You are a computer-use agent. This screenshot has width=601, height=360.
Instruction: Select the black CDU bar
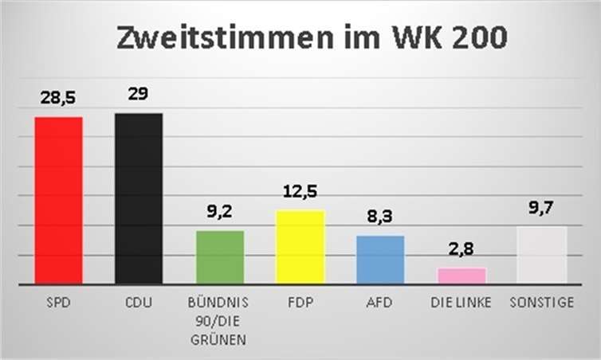(x=139, y=198)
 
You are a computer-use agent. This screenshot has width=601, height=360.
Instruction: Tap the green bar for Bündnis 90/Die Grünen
(x=219, y=257)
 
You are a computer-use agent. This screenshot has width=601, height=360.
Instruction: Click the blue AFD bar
(x=380, y=260)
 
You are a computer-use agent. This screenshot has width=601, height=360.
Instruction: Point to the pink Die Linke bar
(x=461, y=276)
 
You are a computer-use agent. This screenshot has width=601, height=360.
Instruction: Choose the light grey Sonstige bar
(x=541, y=255)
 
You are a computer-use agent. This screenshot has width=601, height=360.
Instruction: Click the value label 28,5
(x=58, y=99)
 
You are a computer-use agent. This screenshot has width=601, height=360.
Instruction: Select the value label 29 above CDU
(x=139, y=93)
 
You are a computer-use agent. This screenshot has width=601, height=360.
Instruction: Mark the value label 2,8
(x=461, y=249)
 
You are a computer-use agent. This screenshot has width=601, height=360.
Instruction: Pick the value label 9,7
(x=541, y=208)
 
